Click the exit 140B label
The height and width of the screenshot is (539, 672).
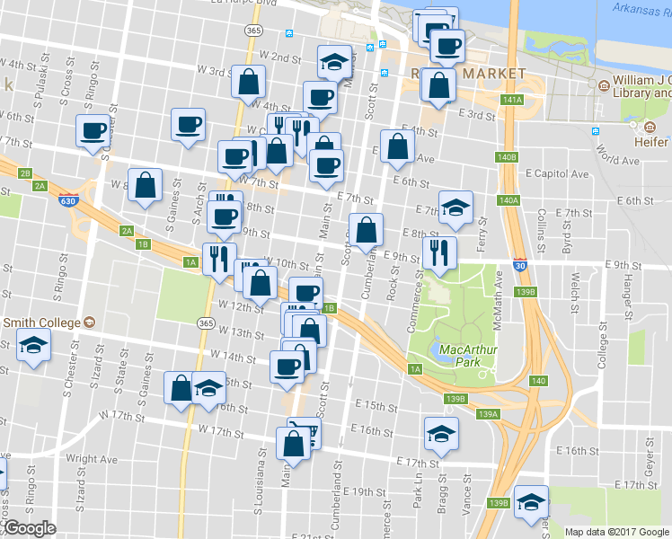507,157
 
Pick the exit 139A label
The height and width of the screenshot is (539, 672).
488,414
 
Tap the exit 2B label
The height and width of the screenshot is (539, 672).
25,173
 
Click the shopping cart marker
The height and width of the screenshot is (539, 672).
304,433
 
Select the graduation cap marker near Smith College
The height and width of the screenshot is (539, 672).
33,345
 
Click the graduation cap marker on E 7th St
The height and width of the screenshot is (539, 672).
455,207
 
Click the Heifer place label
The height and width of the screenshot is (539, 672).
649,143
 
